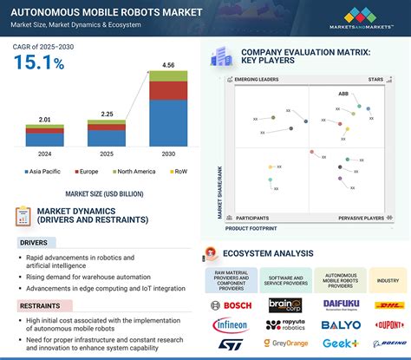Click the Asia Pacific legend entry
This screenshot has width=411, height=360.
click(x=49, y=173)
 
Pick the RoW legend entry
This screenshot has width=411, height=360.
click(x=178, y=173)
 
